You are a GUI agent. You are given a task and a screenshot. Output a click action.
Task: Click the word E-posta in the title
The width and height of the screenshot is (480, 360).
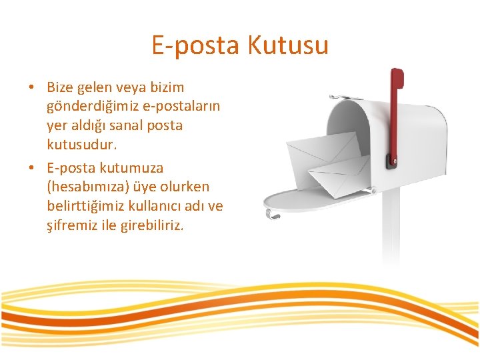click(196, 45)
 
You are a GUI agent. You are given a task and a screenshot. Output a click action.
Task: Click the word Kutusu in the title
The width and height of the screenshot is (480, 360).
click(288, 45)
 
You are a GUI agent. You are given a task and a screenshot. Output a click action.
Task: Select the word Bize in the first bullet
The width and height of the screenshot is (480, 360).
click(60, 87)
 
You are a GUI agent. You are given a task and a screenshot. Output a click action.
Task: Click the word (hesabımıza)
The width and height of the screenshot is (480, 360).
click(86, 187)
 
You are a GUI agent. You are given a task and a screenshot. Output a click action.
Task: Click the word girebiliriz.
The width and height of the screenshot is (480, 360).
click(149, 225)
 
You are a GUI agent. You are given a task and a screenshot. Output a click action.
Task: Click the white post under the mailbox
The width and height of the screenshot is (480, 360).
click(390, 227)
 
